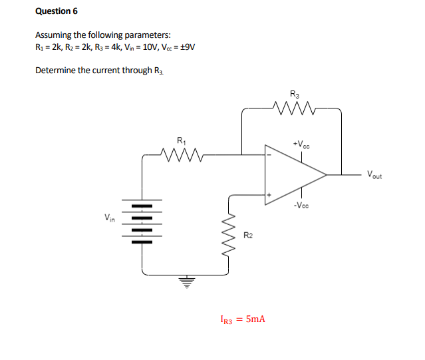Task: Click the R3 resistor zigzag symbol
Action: tap(293, 107)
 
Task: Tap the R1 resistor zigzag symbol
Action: tap(181, 155)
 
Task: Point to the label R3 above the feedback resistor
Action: tap(294, 93)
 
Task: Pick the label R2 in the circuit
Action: tap(247, 235)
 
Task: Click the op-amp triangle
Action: tap(293, 175)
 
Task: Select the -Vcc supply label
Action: tap(301, 206)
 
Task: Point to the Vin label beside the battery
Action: tap(109, 217)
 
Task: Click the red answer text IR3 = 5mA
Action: tap(242, 319)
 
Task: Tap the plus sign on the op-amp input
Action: tap(269, 195)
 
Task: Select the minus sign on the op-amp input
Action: tap(269, 156)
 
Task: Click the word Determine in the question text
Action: tap(55, 70)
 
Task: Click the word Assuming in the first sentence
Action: tap(53, 35)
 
